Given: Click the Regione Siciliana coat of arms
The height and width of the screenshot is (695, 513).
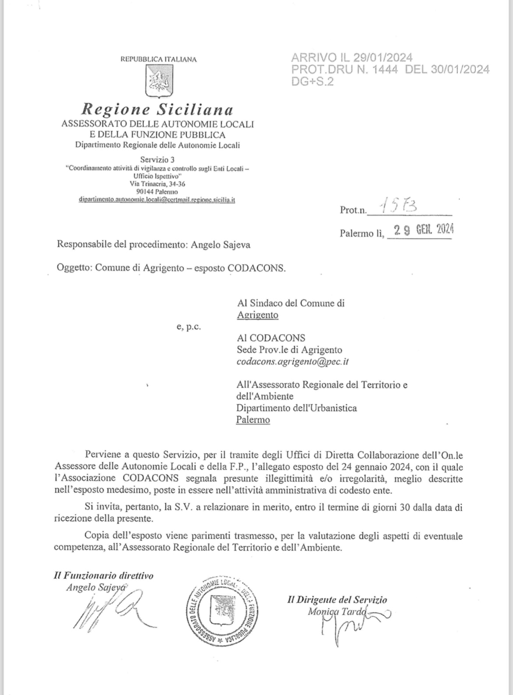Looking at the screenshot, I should [x=159, y=81].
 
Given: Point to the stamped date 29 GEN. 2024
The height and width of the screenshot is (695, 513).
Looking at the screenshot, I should [x=423, y=230].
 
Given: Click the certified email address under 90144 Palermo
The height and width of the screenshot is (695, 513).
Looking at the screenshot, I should [x=157, y=200].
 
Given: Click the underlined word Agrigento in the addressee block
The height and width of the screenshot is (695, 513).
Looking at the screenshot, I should [x=257, y=315].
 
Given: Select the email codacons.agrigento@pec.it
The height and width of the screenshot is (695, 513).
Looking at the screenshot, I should [x=292, y=362].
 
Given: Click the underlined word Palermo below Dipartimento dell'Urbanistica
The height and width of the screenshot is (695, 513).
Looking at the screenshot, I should [x=253, y=420].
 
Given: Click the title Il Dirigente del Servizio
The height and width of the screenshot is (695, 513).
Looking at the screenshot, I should [x=337, y=600].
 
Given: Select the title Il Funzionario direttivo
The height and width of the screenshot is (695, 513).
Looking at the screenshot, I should [x=103, y=576].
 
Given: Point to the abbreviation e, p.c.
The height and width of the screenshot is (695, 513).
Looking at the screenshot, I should [x=189, y=327].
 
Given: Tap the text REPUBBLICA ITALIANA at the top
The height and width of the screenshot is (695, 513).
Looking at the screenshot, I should [x=158, y=59].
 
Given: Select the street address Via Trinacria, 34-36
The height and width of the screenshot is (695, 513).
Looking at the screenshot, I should [x=157, y=184].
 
